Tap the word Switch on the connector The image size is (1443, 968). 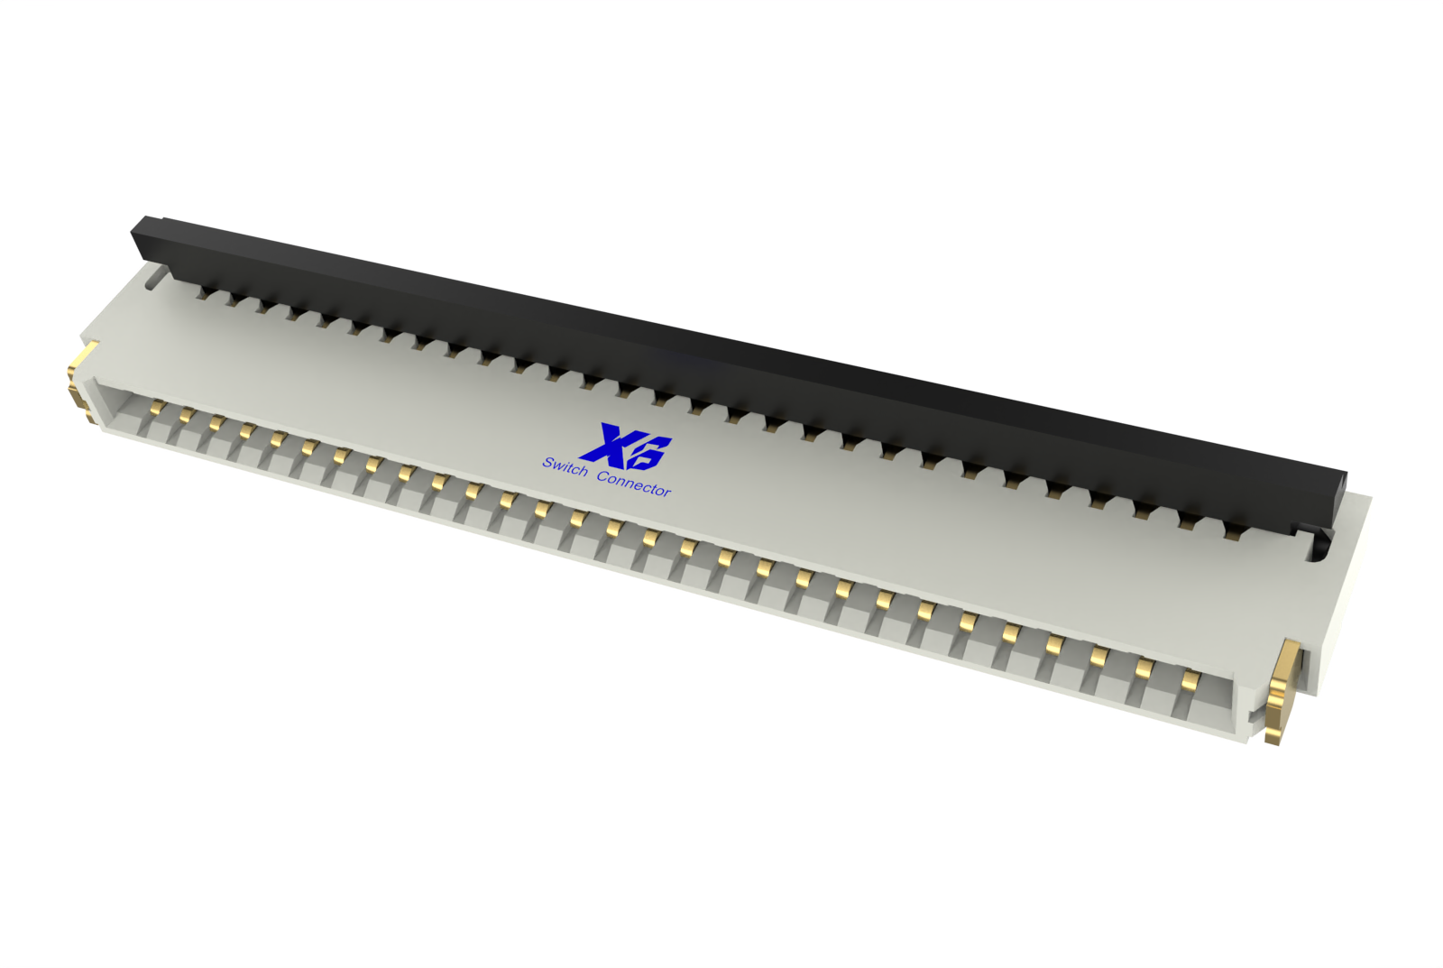click(x=565, y=466)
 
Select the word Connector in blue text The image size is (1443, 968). click(x=633, y=484)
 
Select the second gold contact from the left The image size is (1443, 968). click(x=186, y=413)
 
